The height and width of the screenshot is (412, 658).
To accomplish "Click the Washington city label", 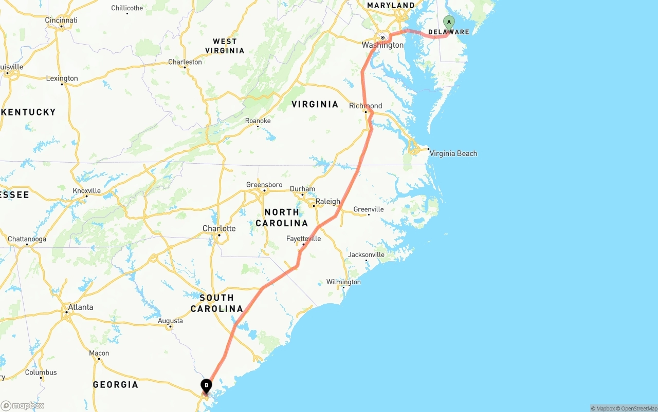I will (382, 45).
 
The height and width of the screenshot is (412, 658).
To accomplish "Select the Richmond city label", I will (365, 106).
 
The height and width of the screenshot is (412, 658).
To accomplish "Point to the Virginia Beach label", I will (453, 153).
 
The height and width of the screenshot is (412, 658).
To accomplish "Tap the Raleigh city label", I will (327, 202).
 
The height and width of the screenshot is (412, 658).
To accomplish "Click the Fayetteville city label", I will (303, 239).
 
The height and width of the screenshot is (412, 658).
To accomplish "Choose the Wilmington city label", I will (343, 282).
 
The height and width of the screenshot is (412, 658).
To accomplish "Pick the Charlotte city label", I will (219, 228).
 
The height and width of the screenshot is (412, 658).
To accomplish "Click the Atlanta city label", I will (80, 307).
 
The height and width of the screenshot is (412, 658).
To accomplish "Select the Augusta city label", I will (170, 321).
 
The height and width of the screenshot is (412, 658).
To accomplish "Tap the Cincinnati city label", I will (61, 21).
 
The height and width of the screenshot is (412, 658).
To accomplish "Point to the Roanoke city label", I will (258, 121).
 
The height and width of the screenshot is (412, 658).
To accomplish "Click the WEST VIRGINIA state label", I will (225, 46).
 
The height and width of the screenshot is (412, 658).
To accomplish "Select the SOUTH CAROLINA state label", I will (216, 303).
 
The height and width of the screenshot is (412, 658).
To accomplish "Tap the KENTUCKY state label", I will (28, 112).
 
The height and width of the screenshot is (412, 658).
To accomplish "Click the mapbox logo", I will (23, 405).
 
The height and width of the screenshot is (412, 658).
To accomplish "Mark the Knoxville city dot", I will (86, 196).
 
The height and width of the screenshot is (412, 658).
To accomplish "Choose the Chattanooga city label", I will (27, 239).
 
